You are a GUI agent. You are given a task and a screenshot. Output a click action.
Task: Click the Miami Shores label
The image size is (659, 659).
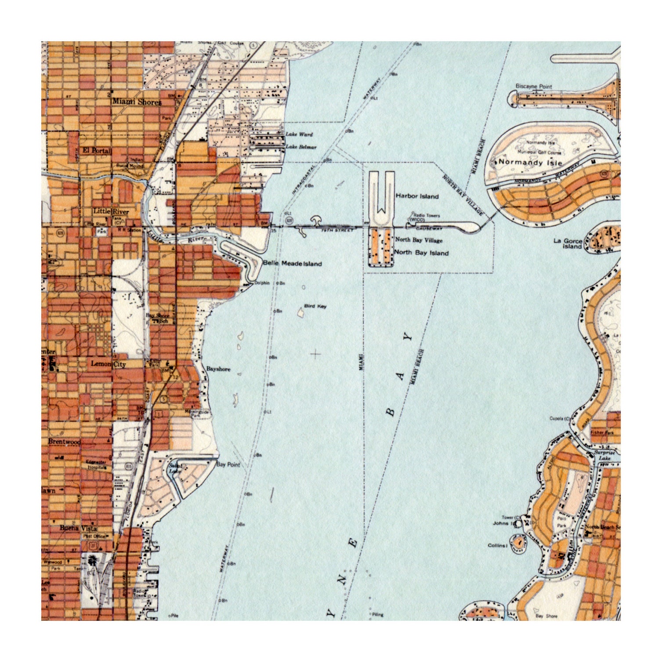137,101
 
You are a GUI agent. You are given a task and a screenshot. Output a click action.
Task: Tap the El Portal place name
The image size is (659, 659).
97,150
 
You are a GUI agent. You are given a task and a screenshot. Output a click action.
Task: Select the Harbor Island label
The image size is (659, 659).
417,196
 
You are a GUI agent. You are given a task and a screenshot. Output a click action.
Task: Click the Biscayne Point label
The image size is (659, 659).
534,87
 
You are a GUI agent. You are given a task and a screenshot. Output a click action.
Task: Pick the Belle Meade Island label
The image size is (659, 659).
292,264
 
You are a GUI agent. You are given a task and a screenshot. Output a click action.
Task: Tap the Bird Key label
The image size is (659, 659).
315,306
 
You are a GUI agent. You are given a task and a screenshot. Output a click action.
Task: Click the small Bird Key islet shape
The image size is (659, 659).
301,313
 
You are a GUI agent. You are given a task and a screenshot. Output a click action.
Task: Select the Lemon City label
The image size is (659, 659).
108,364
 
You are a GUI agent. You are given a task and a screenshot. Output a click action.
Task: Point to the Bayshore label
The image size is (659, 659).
218,369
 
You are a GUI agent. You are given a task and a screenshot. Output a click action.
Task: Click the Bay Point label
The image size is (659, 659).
228,464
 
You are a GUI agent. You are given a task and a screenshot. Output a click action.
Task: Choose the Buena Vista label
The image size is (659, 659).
78,528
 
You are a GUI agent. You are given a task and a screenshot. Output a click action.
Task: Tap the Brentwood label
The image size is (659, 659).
64,441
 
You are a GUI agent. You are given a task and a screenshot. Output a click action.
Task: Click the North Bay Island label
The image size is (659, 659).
421,253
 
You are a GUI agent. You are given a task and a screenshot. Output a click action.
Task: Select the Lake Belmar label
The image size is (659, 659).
301,147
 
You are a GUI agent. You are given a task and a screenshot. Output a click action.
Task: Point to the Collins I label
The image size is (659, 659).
498,545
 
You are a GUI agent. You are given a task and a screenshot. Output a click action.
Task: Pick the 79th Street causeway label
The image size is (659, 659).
337,230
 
